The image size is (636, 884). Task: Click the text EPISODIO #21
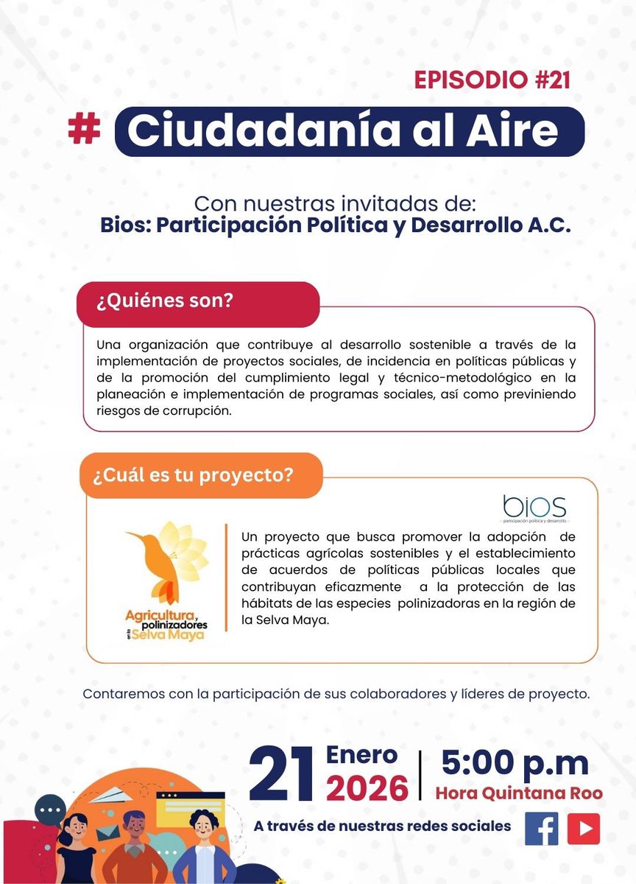click(492, 80)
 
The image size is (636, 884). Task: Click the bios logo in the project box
click(534, 506)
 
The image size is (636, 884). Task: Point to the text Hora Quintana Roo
click(519, 794)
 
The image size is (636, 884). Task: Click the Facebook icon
click(542, 828)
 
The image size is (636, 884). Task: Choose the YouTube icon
click(583, 828)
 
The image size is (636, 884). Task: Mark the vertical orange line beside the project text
click(225, 578)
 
